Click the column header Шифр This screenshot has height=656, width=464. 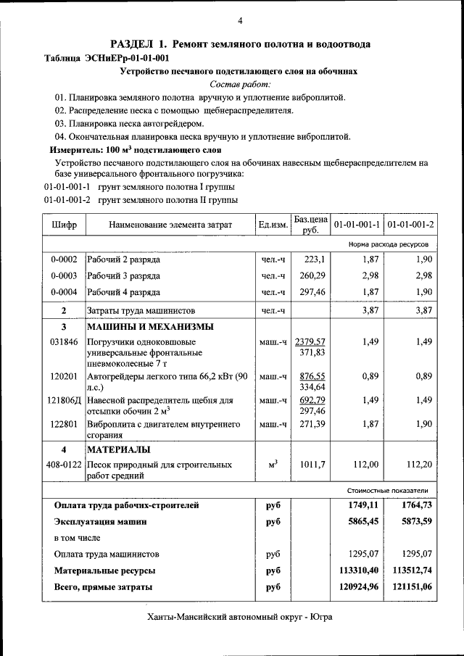pos(64,225)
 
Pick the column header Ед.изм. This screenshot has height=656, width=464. pos(273,225)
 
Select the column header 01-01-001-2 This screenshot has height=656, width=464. pos(410,225)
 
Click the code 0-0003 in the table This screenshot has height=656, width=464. pos(64,275)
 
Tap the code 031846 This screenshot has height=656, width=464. pos(64,341)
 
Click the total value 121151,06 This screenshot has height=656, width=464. pos(410,586)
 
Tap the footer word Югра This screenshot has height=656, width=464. pos(321,618)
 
